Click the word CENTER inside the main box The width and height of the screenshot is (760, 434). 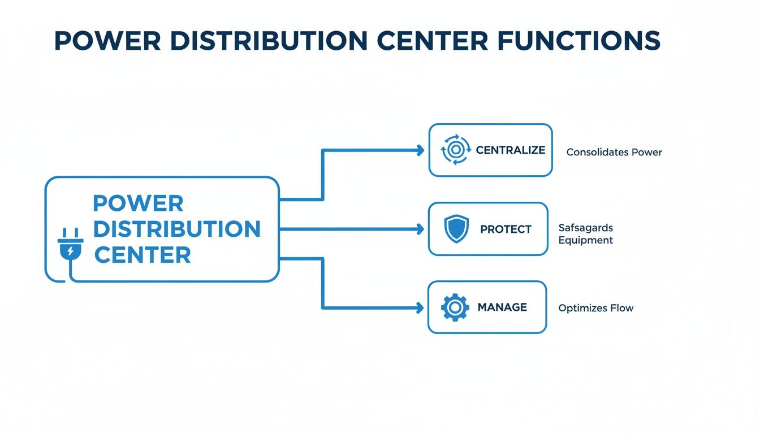(142, 255)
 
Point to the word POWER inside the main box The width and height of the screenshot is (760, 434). (138, 203)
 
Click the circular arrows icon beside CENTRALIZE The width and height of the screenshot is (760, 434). (455, 150)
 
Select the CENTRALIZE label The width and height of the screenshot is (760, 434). (510, 150)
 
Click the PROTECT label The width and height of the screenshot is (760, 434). (506, 229)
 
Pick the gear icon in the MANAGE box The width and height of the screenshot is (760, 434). (455, 307)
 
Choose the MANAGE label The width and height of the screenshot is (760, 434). (502, 307)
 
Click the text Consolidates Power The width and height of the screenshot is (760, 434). (614, 152)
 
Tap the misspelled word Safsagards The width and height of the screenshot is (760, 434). (585, 228)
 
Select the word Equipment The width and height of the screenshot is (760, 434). (585, 240)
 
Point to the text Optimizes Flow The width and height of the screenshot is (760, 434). (595, 308)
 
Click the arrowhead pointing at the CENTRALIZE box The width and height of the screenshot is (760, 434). (420, 150)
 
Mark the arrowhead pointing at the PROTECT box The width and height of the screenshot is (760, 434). (420, 229)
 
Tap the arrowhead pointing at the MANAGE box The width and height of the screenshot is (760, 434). (420, 307)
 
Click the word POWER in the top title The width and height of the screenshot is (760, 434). (100, 41)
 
